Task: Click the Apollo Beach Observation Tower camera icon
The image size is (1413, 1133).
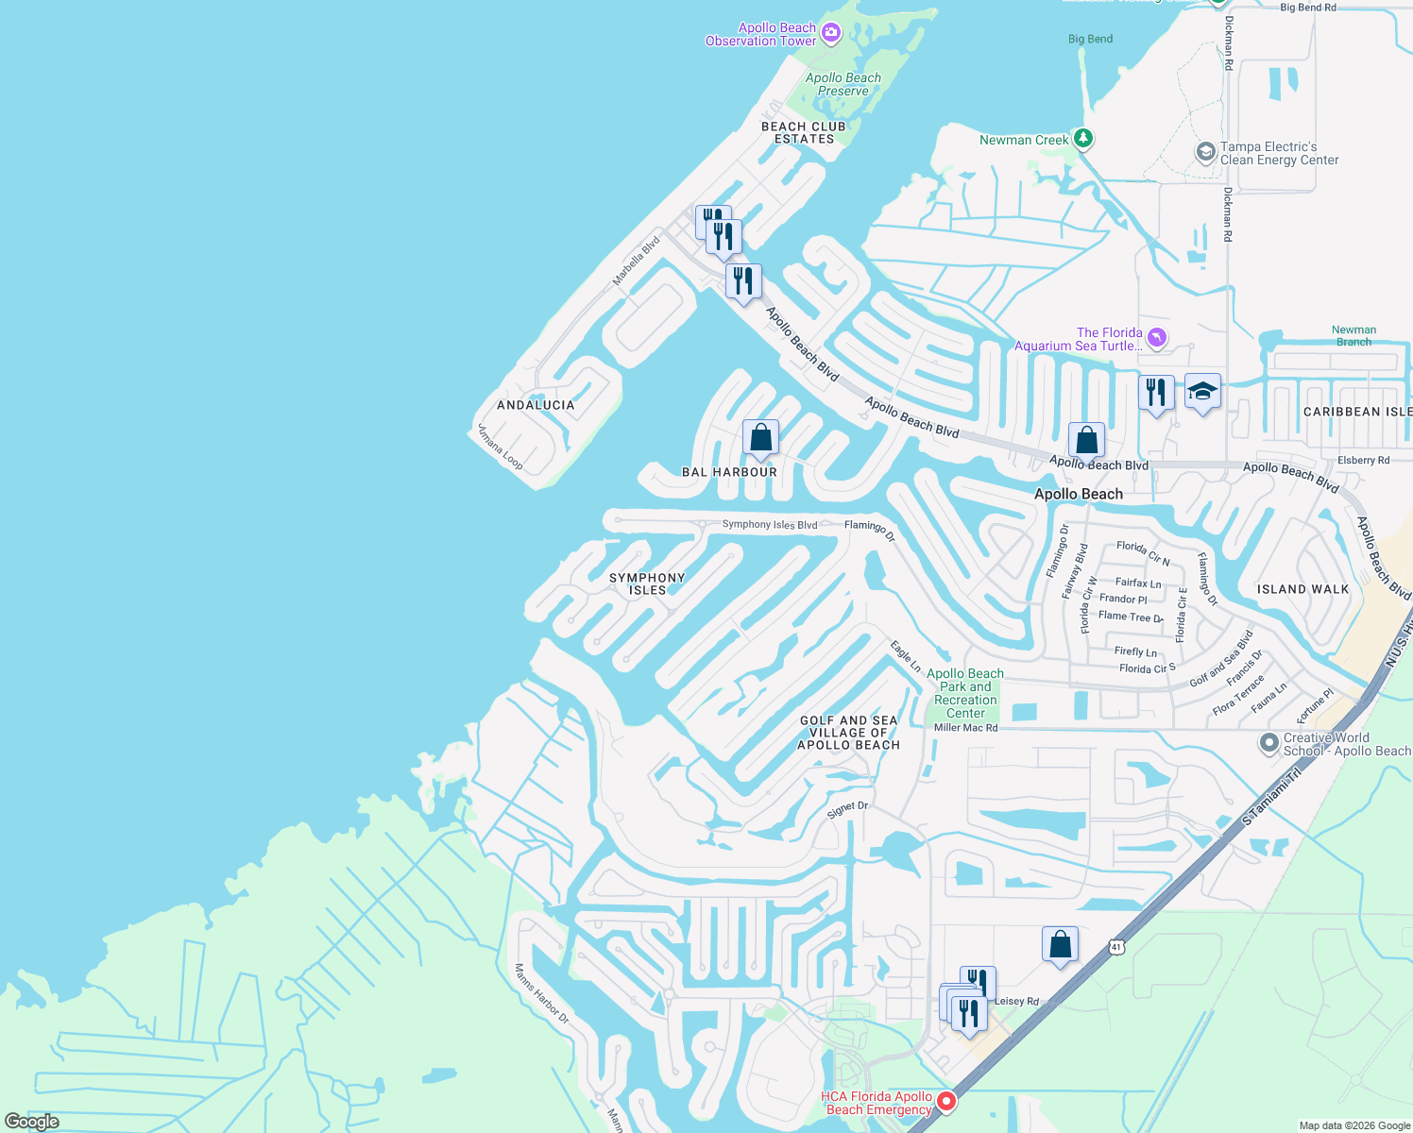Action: (x=831, y=34)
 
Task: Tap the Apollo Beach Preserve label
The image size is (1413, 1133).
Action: (x=843, y=85)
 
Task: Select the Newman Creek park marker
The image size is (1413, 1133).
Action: (x=1083, y=139)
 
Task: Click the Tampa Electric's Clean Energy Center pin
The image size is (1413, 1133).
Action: (x=1205, y=152)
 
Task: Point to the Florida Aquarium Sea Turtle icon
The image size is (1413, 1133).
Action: (x=1157, y=337)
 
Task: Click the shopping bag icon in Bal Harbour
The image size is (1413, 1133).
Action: (x=760, y=438)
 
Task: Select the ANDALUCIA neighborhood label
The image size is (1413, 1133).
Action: (x=536, y=405)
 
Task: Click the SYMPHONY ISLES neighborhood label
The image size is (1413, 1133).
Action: (x=647, y=583)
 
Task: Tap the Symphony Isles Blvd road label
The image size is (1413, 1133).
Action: (x=769, y=525)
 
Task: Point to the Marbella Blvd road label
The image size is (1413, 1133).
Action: (x=636, y=262)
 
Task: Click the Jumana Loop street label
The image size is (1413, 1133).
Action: (x=500, y=447)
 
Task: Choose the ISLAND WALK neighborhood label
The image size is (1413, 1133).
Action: (x=1302, y=589)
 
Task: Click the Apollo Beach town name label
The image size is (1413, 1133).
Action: (x=1079, y=494)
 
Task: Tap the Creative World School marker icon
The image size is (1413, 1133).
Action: (x=1269, y=743)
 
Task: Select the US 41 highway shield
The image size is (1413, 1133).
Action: (x=1117, y=946)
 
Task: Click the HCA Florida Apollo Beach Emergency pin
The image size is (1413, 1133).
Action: (x=945, y=1102)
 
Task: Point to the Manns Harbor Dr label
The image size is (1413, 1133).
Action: (x=541, y=993)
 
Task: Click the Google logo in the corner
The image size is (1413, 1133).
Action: (x=32, y=1122)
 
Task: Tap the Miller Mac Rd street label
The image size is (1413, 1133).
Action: (x=965, y=728)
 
